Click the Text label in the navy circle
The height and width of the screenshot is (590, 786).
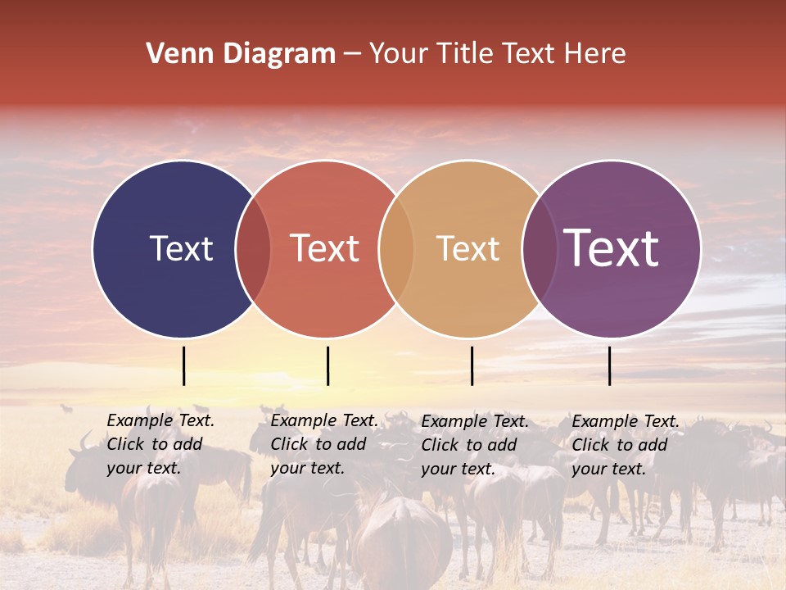181,248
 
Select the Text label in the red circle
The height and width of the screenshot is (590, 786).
324,248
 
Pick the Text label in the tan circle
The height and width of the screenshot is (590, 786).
468,248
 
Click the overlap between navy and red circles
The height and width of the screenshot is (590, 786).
253,248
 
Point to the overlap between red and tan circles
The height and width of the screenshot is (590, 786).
396,248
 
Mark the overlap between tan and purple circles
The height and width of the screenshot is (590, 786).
539,248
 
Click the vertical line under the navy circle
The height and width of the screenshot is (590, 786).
183,365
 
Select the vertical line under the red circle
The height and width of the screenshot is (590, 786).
327,365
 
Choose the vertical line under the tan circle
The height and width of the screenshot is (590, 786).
472,365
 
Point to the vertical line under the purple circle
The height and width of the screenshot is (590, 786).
609,365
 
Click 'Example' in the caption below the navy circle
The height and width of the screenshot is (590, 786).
140,420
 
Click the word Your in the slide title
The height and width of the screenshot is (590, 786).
399,54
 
